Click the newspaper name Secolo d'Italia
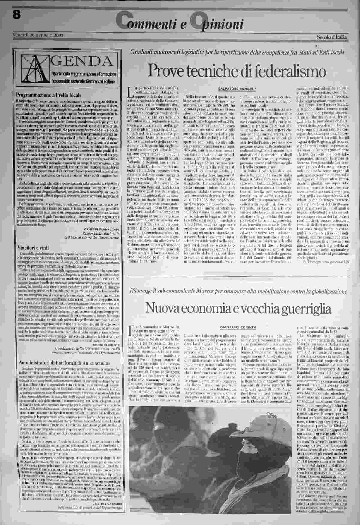coord(332,37)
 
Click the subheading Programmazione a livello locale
coord(49,95)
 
